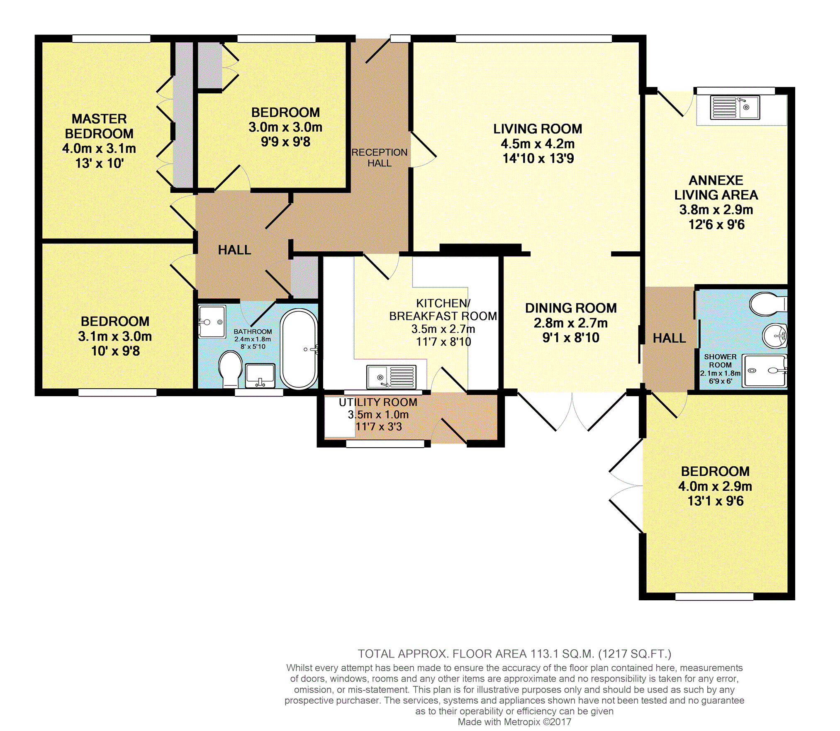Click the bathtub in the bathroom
[x=299, y=349]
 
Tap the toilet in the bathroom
[x=230, y=369]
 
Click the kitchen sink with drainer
[x=391, y=377]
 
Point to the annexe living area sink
[x=735, y=107]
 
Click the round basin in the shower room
[x=774, y=335]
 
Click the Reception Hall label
[x=379, y=158]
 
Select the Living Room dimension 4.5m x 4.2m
[x=538, y=144]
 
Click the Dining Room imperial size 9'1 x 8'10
[x=571, y=338]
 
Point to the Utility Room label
[x=378, y=402]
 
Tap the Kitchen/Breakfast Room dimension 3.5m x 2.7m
[x=443, y=329]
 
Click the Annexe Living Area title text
[x=716, y=188]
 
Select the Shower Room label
[x=720, y=361]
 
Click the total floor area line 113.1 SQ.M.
[x=514, y=654]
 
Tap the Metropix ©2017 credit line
[x=514, y=722]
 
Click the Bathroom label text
[x=253, y=331]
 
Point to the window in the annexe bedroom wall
[x=714, y=597]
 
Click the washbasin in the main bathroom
[x=260, y=375]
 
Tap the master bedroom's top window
[x=111, y=39]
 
